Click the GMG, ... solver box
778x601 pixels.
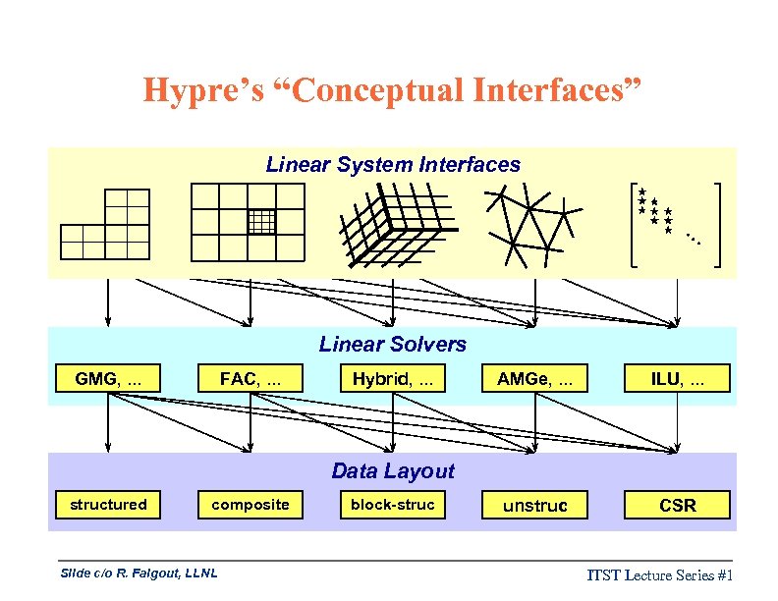coord(108,378)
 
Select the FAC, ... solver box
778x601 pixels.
coord(250,378)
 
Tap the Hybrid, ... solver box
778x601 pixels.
coord(393,378)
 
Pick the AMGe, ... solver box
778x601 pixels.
coord(535,378)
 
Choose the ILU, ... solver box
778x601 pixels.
coord(678,378)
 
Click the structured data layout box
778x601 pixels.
coord(108,505)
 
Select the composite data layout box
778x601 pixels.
coord(250,505)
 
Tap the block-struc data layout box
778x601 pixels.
coord(393,505)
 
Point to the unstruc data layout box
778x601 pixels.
coord(535,506)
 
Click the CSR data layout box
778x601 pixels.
coord(678,506)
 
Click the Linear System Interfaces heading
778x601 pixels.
coord(393,165)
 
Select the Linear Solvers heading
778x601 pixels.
coord(393,345)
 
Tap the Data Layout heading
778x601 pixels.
coord(393,471)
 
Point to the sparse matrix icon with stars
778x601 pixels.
coord(675,225)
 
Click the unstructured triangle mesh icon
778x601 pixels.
coord(531,225)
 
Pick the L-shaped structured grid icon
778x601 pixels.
coord(106,225)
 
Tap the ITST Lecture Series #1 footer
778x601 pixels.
coord(661,574)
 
